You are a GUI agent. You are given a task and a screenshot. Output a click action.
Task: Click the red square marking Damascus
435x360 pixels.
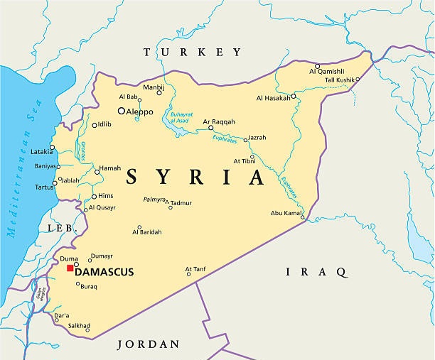point(70,268)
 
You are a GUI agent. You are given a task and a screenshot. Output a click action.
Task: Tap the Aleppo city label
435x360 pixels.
point(139,111)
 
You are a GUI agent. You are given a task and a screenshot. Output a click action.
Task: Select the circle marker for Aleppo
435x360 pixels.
point(122,111)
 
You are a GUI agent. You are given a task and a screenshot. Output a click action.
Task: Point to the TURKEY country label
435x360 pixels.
point(193,52)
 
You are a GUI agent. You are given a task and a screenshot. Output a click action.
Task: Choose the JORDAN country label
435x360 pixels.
point(148,344)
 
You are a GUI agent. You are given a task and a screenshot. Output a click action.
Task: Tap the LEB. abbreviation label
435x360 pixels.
point(61,227)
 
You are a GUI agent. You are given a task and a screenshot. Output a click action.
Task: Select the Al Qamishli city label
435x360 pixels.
point(327,71)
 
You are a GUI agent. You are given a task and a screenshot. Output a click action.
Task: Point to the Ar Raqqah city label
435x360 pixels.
point(219,121)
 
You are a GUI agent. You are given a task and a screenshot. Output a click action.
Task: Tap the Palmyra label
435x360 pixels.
point(154,200)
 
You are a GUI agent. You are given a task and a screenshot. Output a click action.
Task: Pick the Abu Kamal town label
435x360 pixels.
point(286,213)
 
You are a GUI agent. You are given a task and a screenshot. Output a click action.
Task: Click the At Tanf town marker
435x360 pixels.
point(189,275)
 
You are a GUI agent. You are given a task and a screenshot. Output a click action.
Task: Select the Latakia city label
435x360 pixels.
point(41,151)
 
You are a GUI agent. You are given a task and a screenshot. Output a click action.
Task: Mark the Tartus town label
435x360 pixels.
point(44,187)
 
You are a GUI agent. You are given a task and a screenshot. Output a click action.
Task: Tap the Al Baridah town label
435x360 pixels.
point(147,231)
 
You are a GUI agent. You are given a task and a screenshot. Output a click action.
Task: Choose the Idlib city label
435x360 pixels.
point(104,124)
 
